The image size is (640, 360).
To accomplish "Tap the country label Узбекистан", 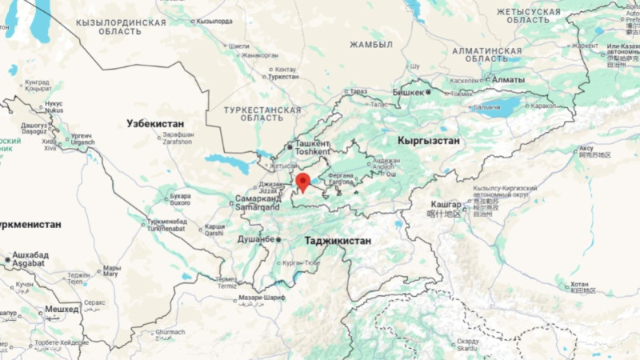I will click(155, 123).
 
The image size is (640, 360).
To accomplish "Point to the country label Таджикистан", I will click(338, 240).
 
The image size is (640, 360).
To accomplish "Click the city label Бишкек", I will click(408, 92).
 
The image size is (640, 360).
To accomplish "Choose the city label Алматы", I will click(509, 80).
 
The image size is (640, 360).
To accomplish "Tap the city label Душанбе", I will click(257, 238).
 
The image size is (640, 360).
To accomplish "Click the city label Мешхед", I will click(62, 308).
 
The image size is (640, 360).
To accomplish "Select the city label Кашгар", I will click(446, 205).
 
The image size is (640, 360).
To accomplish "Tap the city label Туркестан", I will click(283, 77).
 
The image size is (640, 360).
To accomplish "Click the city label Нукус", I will click(54, 104).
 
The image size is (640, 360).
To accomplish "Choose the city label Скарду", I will click(468, 342).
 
